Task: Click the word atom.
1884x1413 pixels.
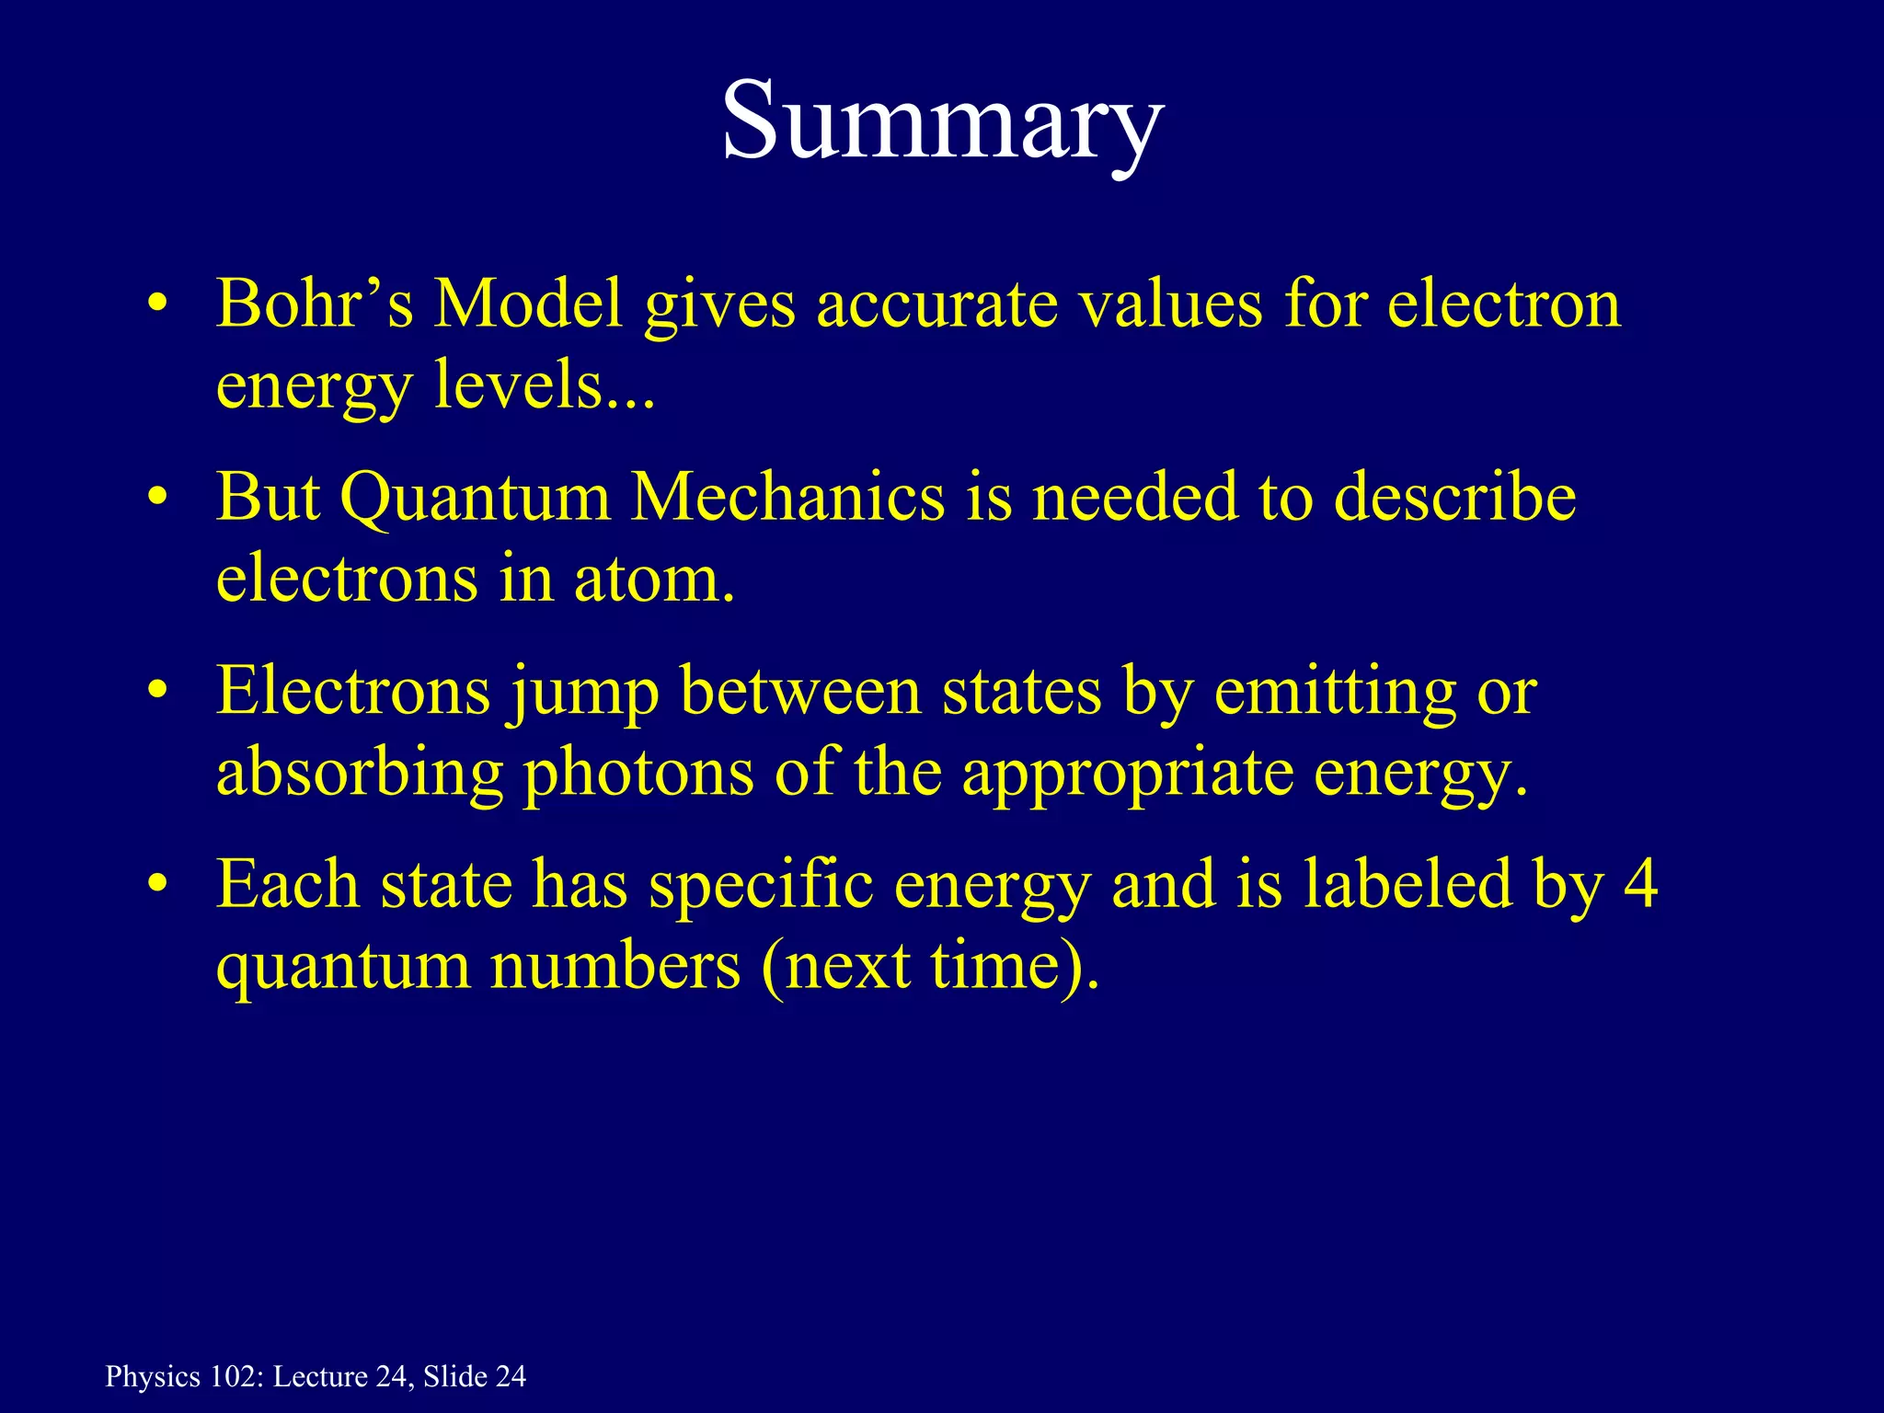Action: (653, 580)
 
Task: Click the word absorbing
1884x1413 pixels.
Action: (360, 773)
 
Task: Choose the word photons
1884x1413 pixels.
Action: (639, 773)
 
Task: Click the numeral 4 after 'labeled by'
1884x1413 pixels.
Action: (1640, 884)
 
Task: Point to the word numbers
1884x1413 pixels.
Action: (615, 966)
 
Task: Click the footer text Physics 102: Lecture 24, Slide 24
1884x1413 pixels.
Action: (316, 1376)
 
